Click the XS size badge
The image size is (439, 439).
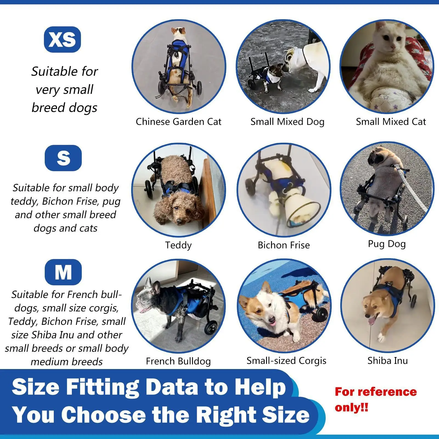[x=62, y=40]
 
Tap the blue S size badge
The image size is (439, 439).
[x=63, y=158]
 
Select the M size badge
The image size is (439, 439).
[x=63, y=272]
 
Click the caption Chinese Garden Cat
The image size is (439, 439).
[x=178, y=122]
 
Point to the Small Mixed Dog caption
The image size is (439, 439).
[x=287, y=122]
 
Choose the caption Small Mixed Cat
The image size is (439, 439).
[x=391, y=122]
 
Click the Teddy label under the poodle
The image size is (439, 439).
[x=178, y=245]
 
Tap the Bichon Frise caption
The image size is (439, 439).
[x=284, y=245]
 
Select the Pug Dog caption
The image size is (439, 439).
[x=387, y=244]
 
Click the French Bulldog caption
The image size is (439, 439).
[x=178, y=361]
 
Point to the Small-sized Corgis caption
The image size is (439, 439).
[x=286, y=361]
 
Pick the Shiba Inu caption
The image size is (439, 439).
[x=387, y=361]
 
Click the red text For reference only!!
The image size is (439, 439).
[x=375, y=399]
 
